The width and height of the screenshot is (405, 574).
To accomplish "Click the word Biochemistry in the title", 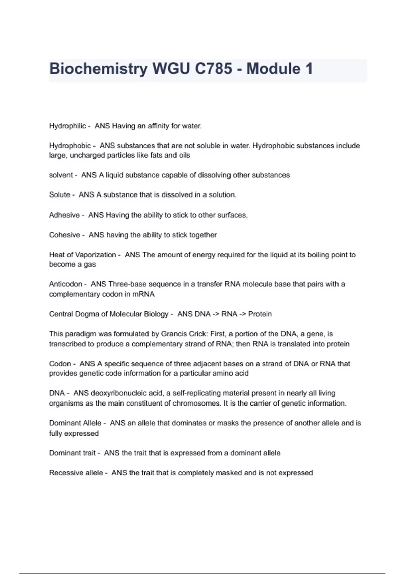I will [x=98, y=69].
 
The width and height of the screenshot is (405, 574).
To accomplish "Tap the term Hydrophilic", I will [x=67, y=126].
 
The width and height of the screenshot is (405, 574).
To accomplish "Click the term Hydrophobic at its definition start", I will [x=70, y=146].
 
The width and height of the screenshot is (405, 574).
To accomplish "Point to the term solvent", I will [x=61, y=175].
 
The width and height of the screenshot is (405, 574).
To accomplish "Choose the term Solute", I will [x=59, y=195].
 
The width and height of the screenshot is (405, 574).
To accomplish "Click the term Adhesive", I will [x=64, y=215].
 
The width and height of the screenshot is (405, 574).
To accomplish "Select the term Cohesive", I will [x=64, y=235].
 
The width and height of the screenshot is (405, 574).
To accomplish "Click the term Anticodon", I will [x=65, y=284].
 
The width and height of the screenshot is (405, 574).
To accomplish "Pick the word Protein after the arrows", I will [x=260, y=314].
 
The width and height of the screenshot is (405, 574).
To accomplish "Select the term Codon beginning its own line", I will [x=60, y=364].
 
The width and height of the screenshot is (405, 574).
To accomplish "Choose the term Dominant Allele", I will [x=75, y=423].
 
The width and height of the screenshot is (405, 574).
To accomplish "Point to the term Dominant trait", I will [x=72, y=453].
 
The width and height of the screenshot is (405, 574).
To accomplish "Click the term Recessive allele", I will [x=76, y=473].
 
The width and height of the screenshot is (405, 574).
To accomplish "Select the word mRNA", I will [x=143, y=294].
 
